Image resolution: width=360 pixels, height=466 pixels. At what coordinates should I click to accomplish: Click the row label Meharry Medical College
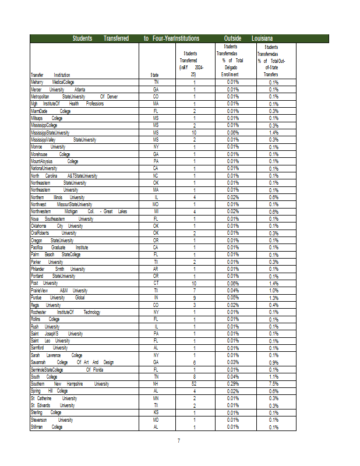[52, 82]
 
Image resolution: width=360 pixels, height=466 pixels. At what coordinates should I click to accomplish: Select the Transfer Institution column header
[50, 75]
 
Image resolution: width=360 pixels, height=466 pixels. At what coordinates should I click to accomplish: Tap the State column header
[155, 75]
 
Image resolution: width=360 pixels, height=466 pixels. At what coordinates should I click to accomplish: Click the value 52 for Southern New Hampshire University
[194, 384]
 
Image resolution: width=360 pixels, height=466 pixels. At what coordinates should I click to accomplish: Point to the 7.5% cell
[273, 384]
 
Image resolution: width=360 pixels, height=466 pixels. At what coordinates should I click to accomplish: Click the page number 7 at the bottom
[179, 440]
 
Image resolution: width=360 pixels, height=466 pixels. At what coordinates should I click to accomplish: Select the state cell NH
[156, 384]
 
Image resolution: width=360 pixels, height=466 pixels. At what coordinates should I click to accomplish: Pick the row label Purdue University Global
[58, 298]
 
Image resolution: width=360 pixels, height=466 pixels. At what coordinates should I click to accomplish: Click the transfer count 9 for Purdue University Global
[194, 298]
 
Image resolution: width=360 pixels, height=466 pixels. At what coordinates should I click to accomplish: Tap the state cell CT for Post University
[156, 283]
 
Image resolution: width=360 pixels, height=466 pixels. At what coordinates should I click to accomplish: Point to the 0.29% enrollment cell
[233, 384]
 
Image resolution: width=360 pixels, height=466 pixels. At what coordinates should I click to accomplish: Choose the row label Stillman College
[47, 427]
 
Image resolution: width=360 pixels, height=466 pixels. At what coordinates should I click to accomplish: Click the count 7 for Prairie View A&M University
[194, 290]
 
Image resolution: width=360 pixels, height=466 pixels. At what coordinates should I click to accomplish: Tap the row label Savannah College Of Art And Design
[72, 362]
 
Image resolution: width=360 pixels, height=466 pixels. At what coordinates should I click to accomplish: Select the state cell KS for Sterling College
[156, 412]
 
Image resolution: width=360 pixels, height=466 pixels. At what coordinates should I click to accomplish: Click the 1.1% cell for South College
[273, 376]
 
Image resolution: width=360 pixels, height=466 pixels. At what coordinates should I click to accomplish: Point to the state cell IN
[156, 298]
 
